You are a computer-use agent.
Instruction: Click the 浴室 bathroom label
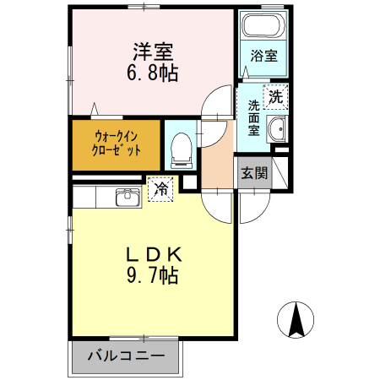tap(263, 57)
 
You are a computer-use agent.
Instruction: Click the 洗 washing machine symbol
tap(275, 96)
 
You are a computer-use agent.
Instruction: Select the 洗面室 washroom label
tap(253, 118)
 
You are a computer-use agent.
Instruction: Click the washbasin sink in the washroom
tap(276, 129)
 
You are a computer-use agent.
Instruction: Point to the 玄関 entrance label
tap(253, 174)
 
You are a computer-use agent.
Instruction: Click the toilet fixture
tap(179, 149)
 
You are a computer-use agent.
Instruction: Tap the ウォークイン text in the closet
tap(115, 136)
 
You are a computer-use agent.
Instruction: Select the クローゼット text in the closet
tap(115, 153)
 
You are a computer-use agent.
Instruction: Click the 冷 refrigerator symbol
tap(160, 189)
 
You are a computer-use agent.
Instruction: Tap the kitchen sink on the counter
tap(128, 196)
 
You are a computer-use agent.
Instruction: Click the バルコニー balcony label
tap(126, 355)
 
